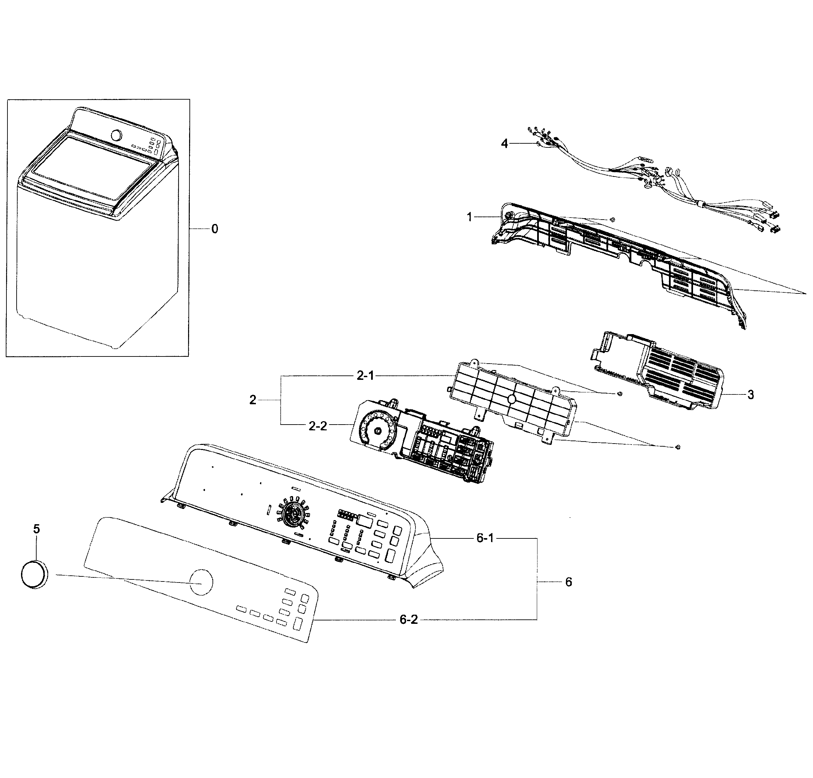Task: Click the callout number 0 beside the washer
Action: coord(215,229)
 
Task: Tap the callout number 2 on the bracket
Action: coord(252,400)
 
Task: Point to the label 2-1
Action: coord(365,376)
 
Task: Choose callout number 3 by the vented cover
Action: coord(750,395)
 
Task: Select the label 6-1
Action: coord(485,538)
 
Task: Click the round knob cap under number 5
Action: coord(34,574)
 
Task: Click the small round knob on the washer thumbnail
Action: coord(117,135)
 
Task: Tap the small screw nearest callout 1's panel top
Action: coord(613,219)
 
